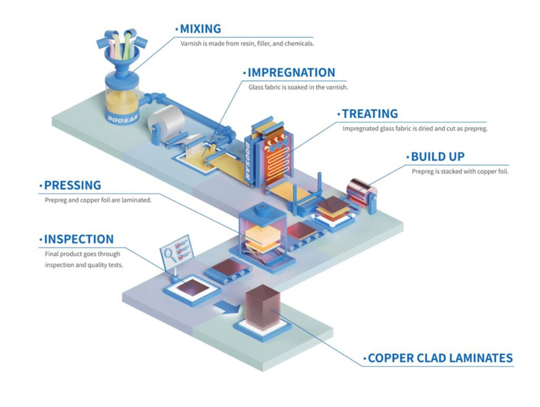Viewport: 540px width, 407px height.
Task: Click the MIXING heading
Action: tap(200, 29)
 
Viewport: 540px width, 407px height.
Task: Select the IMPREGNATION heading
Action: tap(291, 73)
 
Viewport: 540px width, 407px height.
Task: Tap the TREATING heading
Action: tap(370, 114)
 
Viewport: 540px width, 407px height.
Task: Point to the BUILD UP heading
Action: tap(438, 157)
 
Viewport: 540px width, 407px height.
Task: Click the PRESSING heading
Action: tap(72, 186)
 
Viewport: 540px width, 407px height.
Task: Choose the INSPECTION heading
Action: tap(79, 240)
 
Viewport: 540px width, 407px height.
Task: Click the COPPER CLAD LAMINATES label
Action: tap(440, 358)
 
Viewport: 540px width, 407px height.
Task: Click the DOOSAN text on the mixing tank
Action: tap(122, 113)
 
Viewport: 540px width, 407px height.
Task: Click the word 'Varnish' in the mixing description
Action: tap(191, 44)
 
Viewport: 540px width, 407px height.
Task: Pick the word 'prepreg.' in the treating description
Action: tap(475, 128)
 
